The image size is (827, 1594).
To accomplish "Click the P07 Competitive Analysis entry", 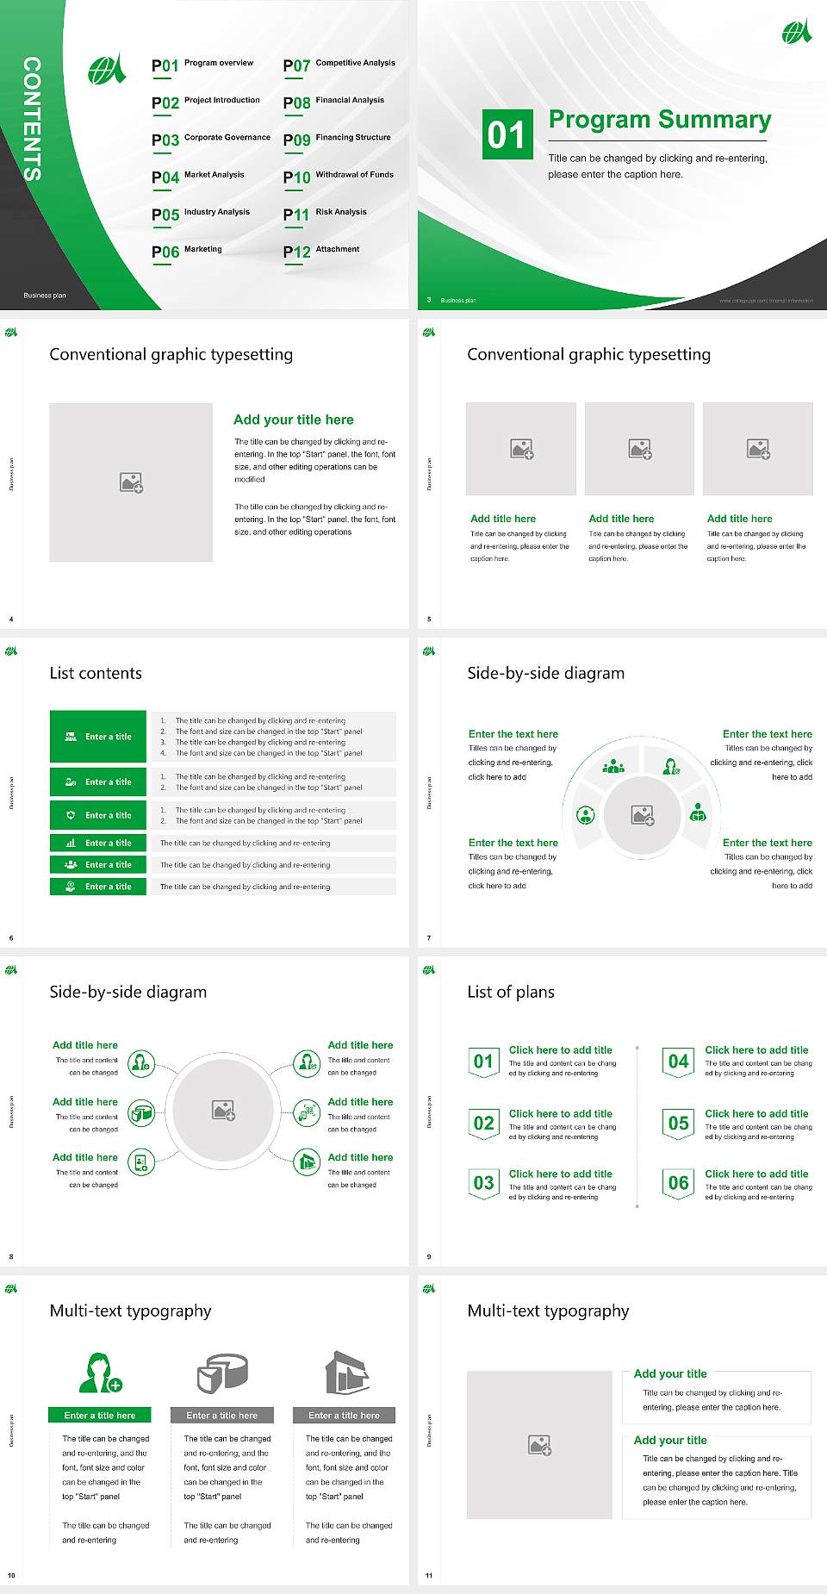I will tap(339, 65).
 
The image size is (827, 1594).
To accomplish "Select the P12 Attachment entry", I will tap(321, 251).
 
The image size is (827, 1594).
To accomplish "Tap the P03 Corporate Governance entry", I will tap(211, 139).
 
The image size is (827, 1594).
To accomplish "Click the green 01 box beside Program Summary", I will tap(507, 134).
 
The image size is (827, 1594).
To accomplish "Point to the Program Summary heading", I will tap(659, 120).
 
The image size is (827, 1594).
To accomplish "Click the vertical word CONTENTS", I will tap(32, 119).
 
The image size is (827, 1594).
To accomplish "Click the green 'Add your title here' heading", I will tap(293, 420).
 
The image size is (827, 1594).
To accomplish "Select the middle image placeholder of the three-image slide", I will tap(639, 449).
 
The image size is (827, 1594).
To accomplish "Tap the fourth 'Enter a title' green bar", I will tap(99, 843).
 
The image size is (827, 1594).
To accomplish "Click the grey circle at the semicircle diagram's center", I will tap(642, 814).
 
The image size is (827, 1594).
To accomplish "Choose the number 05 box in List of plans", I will tap(679, 1124).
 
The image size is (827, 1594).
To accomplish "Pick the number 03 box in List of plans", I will tap(484, 1183).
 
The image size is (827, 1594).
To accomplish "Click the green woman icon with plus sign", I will tap(100, 1373).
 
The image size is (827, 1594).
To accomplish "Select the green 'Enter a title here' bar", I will tap(100, 1415).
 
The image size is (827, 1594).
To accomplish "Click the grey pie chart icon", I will tap(222, 1373).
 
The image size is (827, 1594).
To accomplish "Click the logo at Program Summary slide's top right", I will tap(796, 32).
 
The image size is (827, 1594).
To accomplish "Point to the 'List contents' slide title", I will tap(96, 673).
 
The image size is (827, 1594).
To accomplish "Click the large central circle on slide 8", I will tap(222, 1110).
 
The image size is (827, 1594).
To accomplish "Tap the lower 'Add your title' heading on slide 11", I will tap(670, 1440).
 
